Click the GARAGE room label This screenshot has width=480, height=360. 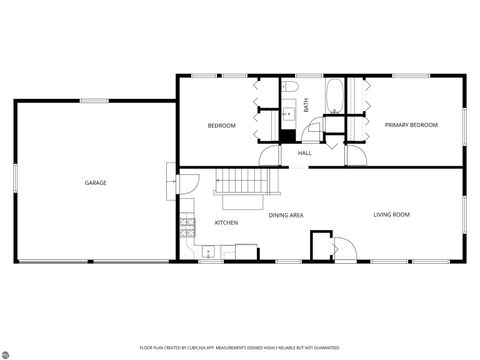95,183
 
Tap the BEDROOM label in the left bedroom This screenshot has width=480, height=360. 221,125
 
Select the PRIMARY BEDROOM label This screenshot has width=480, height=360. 410,125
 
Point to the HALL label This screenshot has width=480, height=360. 304,153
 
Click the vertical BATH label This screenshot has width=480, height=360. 306,102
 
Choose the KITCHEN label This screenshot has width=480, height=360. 226,222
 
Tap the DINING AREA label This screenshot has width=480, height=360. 286,215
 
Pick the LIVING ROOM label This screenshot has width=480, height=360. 392,215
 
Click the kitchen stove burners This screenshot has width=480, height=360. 186,227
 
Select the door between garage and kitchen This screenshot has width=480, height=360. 187,186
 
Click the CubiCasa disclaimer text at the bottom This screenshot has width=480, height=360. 240,347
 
